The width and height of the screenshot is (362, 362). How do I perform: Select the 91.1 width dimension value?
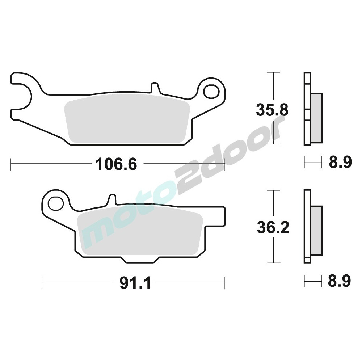click(x=135, y=283)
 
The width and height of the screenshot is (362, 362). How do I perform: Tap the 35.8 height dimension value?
click(x=272, y=110)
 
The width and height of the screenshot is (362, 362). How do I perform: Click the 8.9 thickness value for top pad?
click(x=340, y=162)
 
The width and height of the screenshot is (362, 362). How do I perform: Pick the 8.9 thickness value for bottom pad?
click(x=340, y=281)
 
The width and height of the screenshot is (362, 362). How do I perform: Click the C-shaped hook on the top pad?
click(x=21, y=97)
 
